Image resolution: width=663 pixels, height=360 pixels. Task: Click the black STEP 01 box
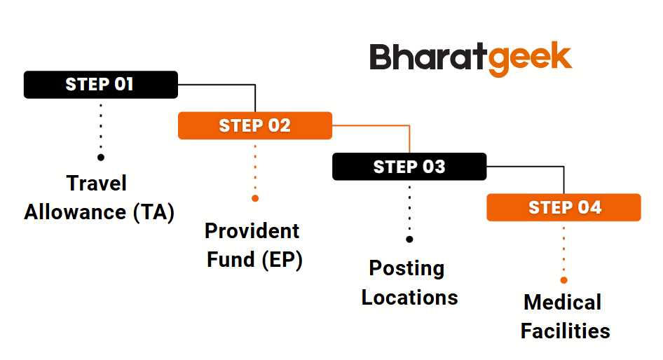(101, 85)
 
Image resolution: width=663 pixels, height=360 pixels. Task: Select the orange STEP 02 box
(255, 125)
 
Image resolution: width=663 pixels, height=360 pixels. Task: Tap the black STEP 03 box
(409, 167)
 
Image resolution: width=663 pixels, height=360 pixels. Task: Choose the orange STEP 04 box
(563, 207)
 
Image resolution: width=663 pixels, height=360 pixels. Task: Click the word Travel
(97, 184)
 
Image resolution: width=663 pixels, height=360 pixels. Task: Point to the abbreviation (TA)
(153, 212)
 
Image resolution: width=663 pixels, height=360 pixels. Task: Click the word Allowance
(75, 212)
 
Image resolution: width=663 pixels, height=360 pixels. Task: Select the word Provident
(252, 231)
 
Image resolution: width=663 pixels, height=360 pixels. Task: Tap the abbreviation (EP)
(282, 259)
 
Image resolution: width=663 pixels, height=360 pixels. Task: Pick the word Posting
(406, 269)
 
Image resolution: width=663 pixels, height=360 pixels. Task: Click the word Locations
(410, 298)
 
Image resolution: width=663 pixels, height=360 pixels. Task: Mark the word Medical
(562, 302)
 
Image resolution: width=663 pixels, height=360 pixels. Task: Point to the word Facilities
(566, 331)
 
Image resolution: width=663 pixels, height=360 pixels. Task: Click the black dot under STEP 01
(101, 157)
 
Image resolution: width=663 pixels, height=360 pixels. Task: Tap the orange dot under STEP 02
(255, 198)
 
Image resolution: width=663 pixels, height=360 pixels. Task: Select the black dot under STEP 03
(409, 239)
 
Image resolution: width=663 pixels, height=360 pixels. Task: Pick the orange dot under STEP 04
(563, 280)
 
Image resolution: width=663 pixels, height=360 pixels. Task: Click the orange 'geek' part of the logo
(530, 59)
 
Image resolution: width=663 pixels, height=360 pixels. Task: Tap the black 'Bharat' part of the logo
(428, 56)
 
